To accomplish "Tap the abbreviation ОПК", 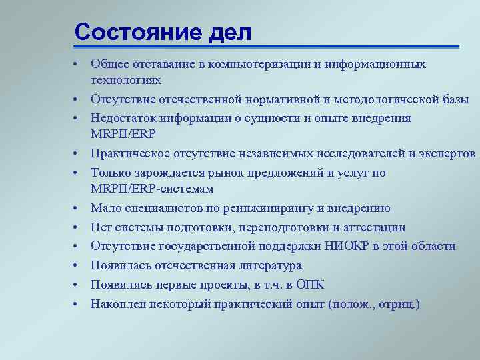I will click(309, 285).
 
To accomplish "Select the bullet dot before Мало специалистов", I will click(78, 209).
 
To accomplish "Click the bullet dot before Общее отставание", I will click(78, 65).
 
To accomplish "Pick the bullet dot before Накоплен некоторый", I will click(78, 303).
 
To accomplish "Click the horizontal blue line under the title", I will click(267, 47).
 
